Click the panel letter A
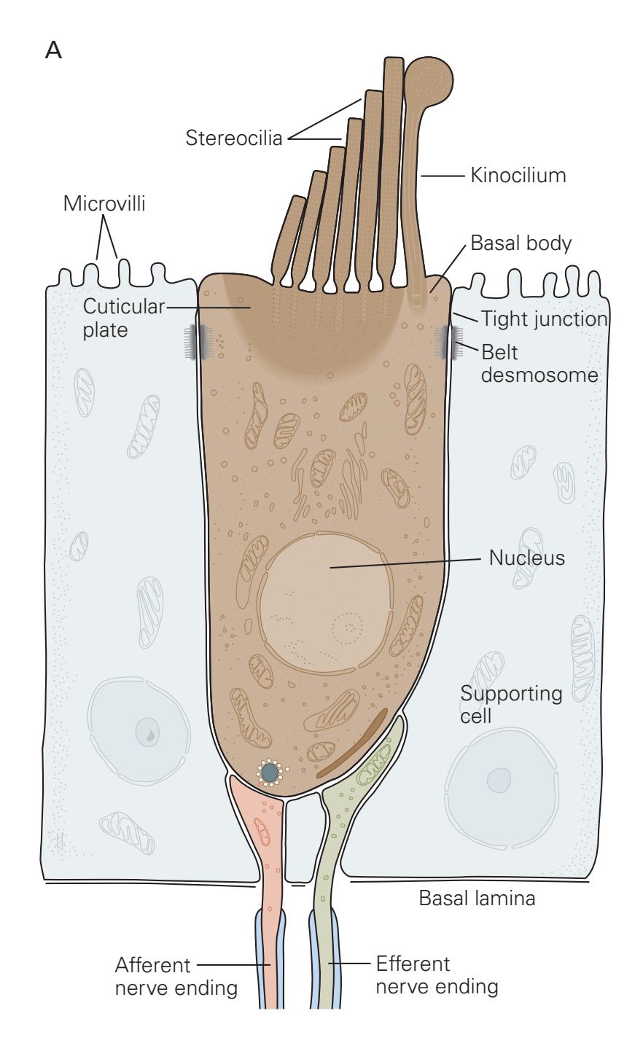53,50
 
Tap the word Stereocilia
233,138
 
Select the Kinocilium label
518,176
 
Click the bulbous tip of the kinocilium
429,79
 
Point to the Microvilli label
104,203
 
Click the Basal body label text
521,243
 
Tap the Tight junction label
544,319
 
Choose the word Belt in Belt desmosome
499,352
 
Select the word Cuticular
123,306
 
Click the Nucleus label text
526,558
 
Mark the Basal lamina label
477,898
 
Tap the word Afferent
152,966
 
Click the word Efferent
413,964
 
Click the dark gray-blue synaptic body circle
270,772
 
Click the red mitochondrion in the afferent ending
262,832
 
